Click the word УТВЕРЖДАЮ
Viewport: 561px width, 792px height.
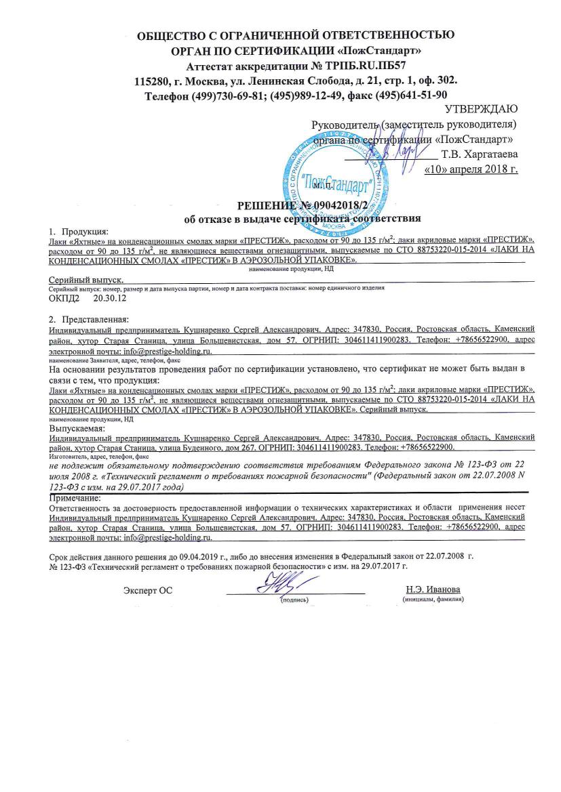481,110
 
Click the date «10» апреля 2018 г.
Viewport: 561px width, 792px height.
470,169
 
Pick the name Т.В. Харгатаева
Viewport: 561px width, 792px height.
479,154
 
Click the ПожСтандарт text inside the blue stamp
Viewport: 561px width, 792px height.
340,182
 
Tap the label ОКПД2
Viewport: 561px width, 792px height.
64,297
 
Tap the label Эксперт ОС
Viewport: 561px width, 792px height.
148,590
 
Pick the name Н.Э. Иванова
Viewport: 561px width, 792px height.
433,589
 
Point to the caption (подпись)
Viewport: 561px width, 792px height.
294,600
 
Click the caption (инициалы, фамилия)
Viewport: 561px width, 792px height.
433,600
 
